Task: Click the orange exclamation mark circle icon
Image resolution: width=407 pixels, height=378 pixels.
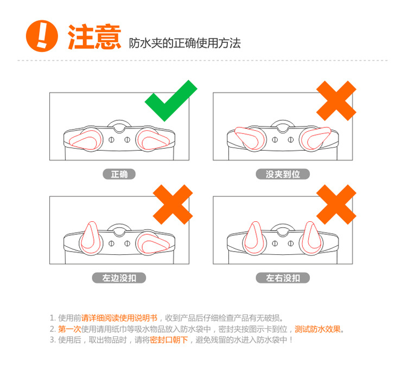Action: click(x=42, y=36)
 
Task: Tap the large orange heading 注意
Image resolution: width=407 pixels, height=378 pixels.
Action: click(x=94, y=37)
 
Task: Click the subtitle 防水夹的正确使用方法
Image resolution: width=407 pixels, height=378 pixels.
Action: click(x=185, y=43)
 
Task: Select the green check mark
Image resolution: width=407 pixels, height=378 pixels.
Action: click(x=171, y=100)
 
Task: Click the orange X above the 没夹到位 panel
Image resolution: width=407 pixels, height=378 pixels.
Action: click(x=336, y=101)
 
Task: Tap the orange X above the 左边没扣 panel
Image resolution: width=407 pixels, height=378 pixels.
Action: click(x=173, y=204)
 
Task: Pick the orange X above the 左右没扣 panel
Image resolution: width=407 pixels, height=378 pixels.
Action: click(x=336, y=204)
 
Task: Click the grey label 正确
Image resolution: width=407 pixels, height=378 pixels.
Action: click(x=119, y=174)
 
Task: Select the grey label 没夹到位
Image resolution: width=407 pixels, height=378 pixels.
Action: click(x=283, y=174)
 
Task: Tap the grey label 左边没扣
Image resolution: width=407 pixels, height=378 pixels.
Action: click(x=119, y=278)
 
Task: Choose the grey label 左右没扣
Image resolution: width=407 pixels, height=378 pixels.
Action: click(x=283, y=278)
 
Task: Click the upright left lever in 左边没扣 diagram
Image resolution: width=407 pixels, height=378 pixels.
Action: click(x=91, y=236)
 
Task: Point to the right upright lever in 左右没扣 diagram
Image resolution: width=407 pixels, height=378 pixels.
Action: click(x=311, y=236)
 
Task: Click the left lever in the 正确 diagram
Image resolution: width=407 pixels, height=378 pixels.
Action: click(x=84, y=140)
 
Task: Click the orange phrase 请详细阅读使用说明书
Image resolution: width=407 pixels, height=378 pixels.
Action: click(x=119, y=318)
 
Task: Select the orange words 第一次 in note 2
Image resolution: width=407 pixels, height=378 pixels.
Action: click(x=69, y=329)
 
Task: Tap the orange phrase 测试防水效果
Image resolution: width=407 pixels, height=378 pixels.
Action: click(x=317, y=329)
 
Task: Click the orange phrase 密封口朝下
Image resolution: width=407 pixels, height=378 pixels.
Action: click(x=169, y=339)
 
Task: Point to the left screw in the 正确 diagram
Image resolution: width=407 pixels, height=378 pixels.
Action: click(x=111, y=139)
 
